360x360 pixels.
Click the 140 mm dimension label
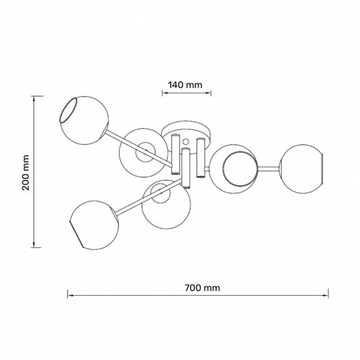(x=185, y=85)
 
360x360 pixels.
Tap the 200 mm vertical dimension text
(x=26, y=173)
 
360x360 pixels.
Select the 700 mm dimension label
(x=202, y=288)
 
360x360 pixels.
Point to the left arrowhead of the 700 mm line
(x=70, y=295)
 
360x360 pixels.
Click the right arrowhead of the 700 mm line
(x=326, y=295)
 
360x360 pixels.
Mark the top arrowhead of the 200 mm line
(x=34, y=99)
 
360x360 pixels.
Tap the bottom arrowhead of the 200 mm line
(x=34, y=245)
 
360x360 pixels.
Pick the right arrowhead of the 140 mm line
(x=209, y=93)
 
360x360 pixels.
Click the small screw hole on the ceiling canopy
(x=186, y=141)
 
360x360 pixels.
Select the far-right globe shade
(x=301, y=169)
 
